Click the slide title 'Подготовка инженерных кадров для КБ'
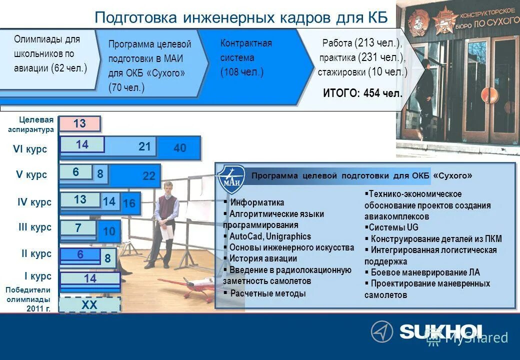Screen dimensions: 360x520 [241, 18]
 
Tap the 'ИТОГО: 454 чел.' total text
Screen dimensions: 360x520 [362, 93]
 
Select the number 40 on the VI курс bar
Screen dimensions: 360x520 [180, 148]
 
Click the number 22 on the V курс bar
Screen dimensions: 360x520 [149, 176]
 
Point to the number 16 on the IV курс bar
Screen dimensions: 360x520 [129, 203]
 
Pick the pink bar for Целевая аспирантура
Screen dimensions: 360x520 [80, 123]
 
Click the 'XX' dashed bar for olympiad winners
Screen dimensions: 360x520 [89, 304]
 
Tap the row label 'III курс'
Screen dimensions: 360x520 [35, 227]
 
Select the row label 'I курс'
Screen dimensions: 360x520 [38, 276]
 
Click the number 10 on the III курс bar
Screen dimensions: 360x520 [109, 231]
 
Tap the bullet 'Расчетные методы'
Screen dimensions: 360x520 [267, 293]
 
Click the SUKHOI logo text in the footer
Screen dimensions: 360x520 [440, 331]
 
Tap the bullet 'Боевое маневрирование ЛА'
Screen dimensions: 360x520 [424, 272]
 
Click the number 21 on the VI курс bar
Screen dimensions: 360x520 [144, 146]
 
